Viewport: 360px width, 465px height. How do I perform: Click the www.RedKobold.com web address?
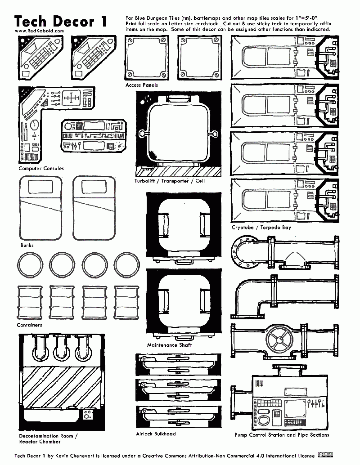[x=39, y=31]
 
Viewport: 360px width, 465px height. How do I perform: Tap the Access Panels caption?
[x=142, y=85]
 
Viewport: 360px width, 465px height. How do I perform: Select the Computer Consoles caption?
[x=41, y=169]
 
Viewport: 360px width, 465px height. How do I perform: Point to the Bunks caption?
[x=27, y=246]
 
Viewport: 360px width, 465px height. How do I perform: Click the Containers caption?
[x=29, y=325]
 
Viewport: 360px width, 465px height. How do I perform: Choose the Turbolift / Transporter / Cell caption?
[x=169, y=181]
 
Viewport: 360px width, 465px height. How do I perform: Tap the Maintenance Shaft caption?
[x=169, y=345]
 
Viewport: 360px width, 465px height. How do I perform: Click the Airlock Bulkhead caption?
[x=156, y=434]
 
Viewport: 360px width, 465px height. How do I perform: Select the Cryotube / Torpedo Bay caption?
[x=261, y=228]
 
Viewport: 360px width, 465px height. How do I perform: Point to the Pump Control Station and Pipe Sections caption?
[x=282, y=435]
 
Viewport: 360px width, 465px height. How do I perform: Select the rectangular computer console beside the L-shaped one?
[x=93, y=134]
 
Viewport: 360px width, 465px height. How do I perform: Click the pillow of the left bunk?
[x=40, y=187]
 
